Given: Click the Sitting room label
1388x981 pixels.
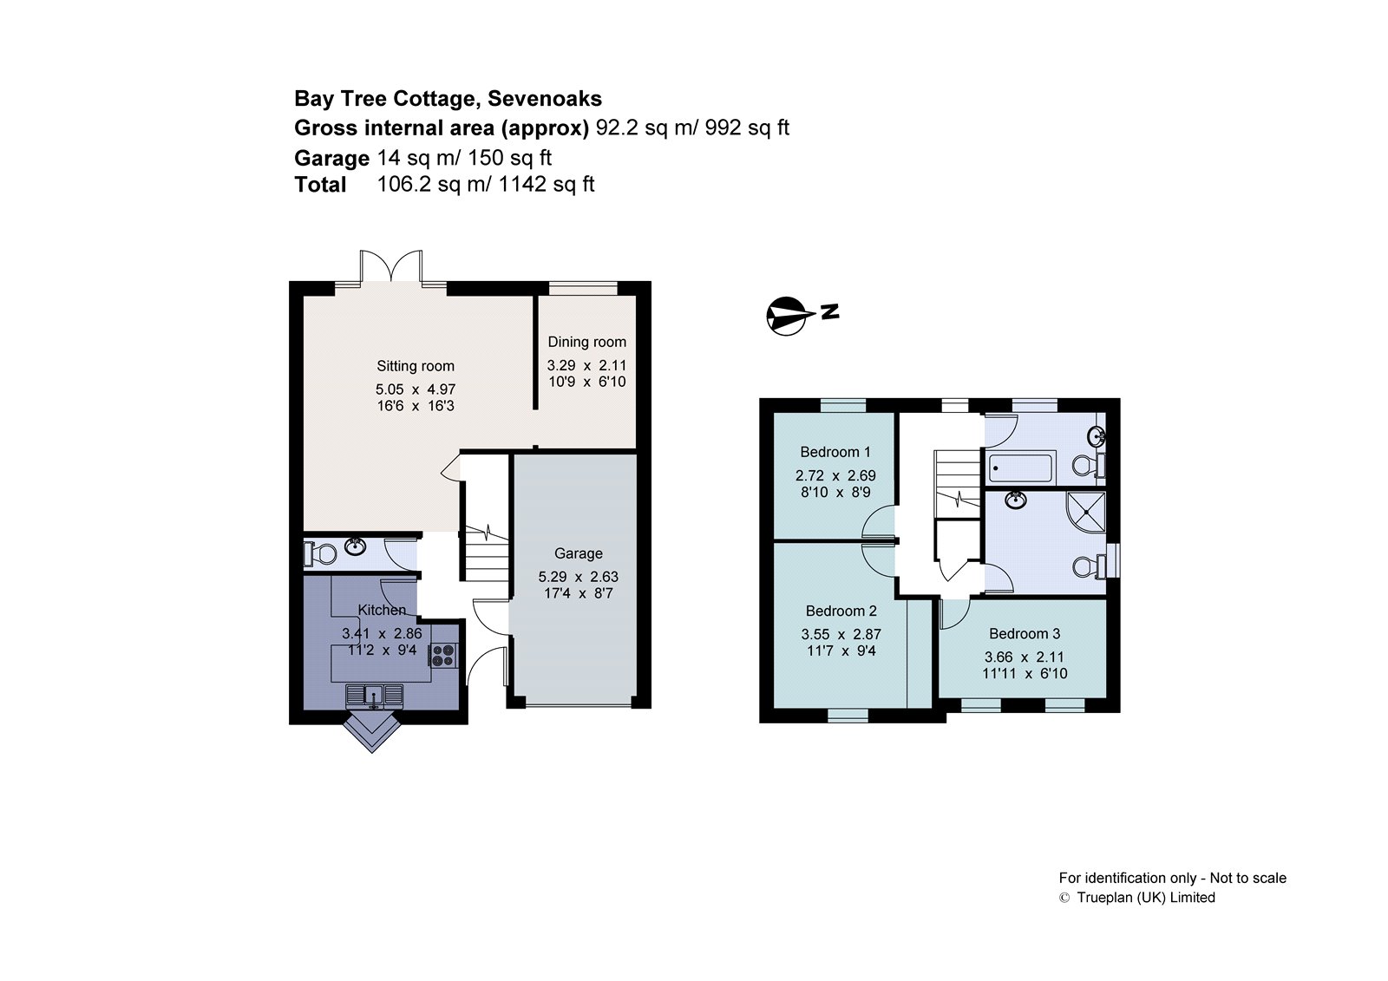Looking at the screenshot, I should tap(415, 366).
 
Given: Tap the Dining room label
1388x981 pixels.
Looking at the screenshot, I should tap(586, 342).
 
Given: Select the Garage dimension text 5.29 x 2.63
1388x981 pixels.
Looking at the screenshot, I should tap(578, 577).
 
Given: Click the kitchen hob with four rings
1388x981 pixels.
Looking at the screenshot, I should tap(443, 655).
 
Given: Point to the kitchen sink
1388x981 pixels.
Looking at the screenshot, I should tap(374, 695).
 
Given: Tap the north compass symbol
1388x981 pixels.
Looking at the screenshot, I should tap(787, 316).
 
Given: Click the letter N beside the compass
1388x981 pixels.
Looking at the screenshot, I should tap(829, 311).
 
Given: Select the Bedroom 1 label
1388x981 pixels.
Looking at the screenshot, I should tap(835, 452).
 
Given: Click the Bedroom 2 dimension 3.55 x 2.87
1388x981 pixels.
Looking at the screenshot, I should tap(841, 634).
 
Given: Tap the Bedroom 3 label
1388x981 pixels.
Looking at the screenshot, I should tap(1024, 634).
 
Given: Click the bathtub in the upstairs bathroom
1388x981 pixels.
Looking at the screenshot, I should tap(1020, 468).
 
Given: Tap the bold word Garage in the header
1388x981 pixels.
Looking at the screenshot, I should tap(331, 158).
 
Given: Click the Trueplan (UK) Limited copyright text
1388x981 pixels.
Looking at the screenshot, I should tap(1144, 898).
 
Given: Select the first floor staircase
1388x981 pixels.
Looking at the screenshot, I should tap(957, 481).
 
